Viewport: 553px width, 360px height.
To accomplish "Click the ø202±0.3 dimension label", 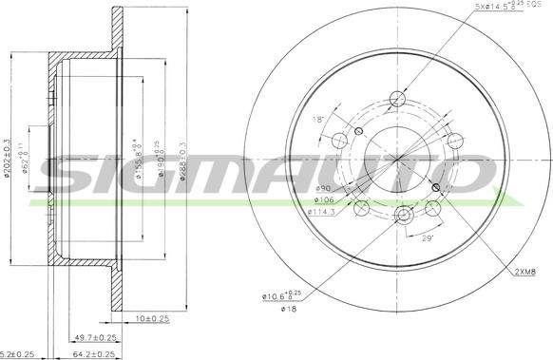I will click(8, 158).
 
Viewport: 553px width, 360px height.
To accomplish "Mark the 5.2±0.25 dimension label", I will click(16, 353).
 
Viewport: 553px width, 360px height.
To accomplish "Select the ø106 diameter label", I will click(324, 200).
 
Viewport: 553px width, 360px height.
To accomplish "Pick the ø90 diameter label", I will click(323, 189).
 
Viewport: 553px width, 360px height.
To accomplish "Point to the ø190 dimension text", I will click(162, 158).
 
